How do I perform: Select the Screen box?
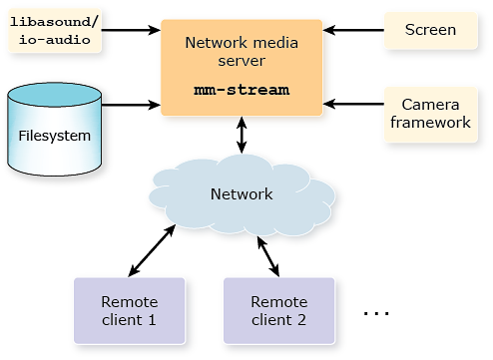pos(430,30)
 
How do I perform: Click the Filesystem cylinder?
pos(54,132)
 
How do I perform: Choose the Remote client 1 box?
pos(129,311)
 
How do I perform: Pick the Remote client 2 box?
pos(278,311)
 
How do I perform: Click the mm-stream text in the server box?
pos(242,90)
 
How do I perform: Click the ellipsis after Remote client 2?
pos(375,313)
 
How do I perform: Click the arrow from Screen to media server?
pos(354,30)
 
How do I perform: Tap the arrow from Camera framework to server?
pos(354,103)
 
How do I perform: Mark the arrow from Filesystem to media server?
pos(130,103)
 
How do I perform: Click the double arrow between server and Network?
pos(242,136)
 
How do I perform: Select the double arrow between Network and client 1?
pos(152,249)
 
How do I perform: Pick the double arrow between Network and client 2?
pos(267,255)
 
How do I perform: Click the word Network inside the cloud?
pos(242,193)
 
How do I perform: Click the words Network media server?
pos(242,53)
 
